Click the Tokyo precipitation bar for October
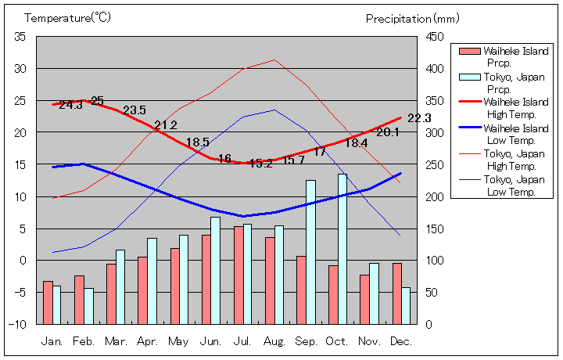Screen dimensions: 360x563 click(x=342, y=249)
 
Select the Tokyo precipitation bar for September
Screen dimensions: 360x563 click(x=310, y=252)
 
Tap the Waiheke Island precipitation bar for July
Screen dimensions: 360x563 click(x=238, y=275)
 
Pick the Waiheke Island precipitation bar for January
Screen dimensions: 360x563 click(x=48, y=302)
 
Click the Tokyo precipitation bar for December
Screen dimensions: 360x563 click(x=406, y=305)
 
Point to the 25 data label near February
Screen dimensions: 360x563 click(x=97, y=100)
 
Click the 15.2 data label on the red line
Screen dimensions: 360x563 click(x=260, y=163)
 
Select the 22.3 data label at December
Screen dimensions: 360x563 click(x=419, y=118)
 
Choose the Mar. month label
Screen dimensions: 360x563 click(x=117, y=342)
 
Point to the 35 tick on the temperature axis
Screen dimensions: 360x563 click(x=20, y=37)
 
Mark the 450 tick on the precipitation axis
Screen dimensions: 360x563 click(x=436, y=37)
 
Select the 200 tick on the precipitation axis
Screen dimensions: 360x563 click(x=436, y=196)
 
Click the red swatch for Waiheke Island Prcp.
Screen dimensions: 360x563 click(x=468, y=52)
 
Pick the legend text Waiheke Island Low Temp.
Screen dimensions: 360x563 click(x=515, y=134)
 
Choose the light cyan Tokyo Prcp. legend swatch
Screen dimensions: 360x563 click(x=468, y=77)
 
